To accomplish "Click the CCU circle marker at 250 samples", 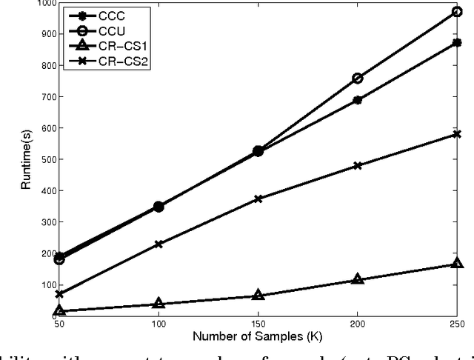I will pyautogui.click(x=458, y=12).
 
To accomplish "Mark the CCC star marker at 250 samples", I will pyautogui.click(x=458, y=43).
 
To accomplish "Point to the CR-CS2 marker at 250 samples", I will pyautogui.click(x=458, y=134).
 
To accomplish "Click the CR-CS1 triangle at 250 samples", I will pyautogui.click(x=458, y=264).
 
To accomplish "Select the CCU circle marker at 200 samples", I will pyautogui.click(x=358, y=78).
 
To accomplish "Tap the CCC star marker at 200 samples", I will pyautogui.click(x=358, y=100).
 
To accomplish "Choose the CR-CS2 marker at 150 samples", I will pyautogui.click(x=258, y=199).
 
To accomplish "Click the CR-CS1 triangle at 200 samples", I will pyautogui.click(x=358, y=279).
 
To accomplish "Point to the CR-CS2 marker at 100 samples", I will pyautogui.click(x=158, y=244).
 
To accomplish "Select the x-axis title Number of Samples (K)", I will pyautogui.click(x=258, y=339).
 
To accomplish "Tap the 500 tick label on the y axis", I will pyautogui.click(x=45, y=159).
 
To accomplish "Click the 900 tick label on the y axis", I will pyautogui.click(x=45, y=34).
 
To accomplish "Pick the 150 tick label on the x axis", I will pyautogui.click(x=258, y=324).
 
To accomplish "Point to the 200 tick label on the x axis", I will pyautogui.click(x=358, y=324).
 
